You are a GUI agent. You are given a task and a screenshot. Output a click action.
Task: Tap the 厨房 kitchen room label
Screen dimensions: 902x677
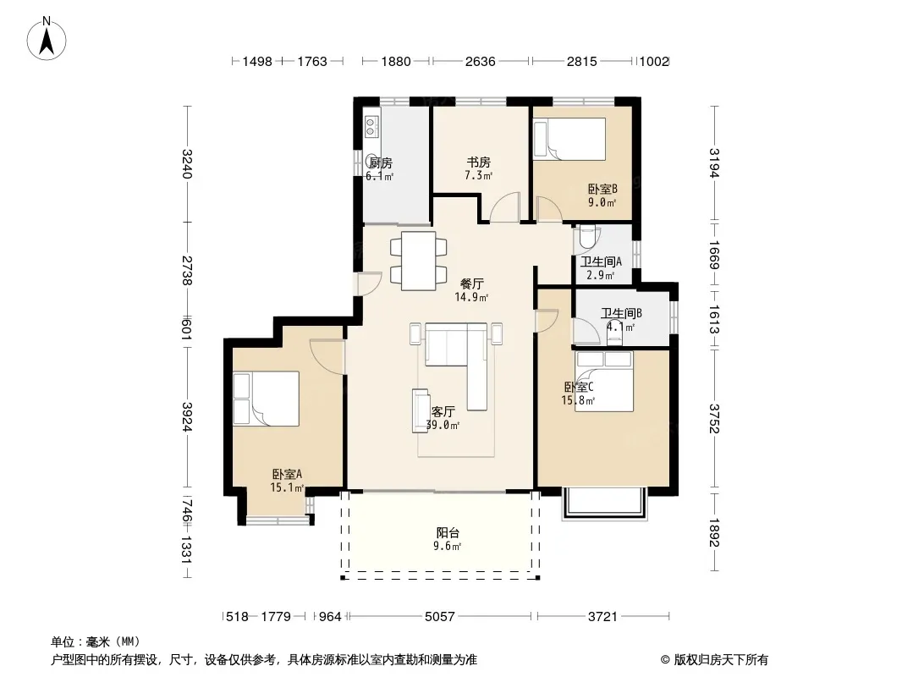[x=381, y=163]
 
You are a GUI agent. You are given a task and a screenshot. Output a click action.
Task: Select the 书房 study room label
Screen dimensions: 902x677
[x=479, y=162]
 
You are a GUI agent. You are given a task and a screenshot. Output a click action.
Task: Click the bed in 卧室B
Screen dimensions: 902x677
[x=569, y=139]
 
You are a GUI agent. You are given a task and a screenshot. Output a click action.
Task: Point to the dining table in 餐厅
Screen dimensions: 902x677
[x=419, y=261]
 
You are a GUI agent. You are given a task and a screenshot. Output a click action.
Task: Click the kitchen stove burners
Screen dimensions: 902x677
[x=372, y=127]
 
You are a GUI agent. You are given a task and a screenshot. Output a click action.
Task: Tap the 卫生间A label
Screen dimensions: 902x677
[x=601, y=261]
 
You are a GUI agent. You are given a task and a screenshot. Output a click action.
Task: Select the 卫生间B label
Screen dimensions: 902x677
[x=621, y=313]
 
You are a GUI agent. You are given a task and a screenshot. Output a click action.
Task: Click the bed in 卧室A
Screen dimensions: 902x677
[x=267, y=399]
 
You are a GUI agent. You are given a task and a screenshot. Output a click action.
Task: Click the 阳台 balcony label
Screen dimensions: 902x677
[x=448, y=533]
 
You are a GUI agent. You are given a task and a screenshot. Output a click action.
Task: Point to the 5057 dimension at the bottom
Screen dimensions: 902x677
[x=439, y=617]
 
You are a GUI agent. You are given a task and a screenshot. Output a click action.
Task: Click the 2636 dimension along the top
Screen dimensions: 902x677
[x=481, y=62]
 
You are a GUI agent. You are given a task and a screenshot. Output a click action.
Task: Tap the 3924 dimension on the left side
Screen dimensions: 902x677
[x=187, y=416]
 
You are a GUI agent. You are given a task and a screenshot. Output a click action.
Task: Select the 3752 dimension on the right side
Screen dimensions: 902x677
[x=714, y=419]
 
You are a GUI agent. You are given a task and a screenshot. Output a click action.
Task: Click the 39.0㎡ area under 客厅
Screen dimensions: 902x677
[x=443, y=426]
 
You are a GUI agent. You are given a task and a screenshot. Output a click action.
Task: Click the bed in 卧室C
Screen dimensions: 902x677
[x=604, y=381]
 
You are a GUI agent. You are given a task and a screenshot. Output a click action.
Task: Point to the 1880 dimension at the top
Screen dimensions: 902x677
[x=396, y=62]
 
